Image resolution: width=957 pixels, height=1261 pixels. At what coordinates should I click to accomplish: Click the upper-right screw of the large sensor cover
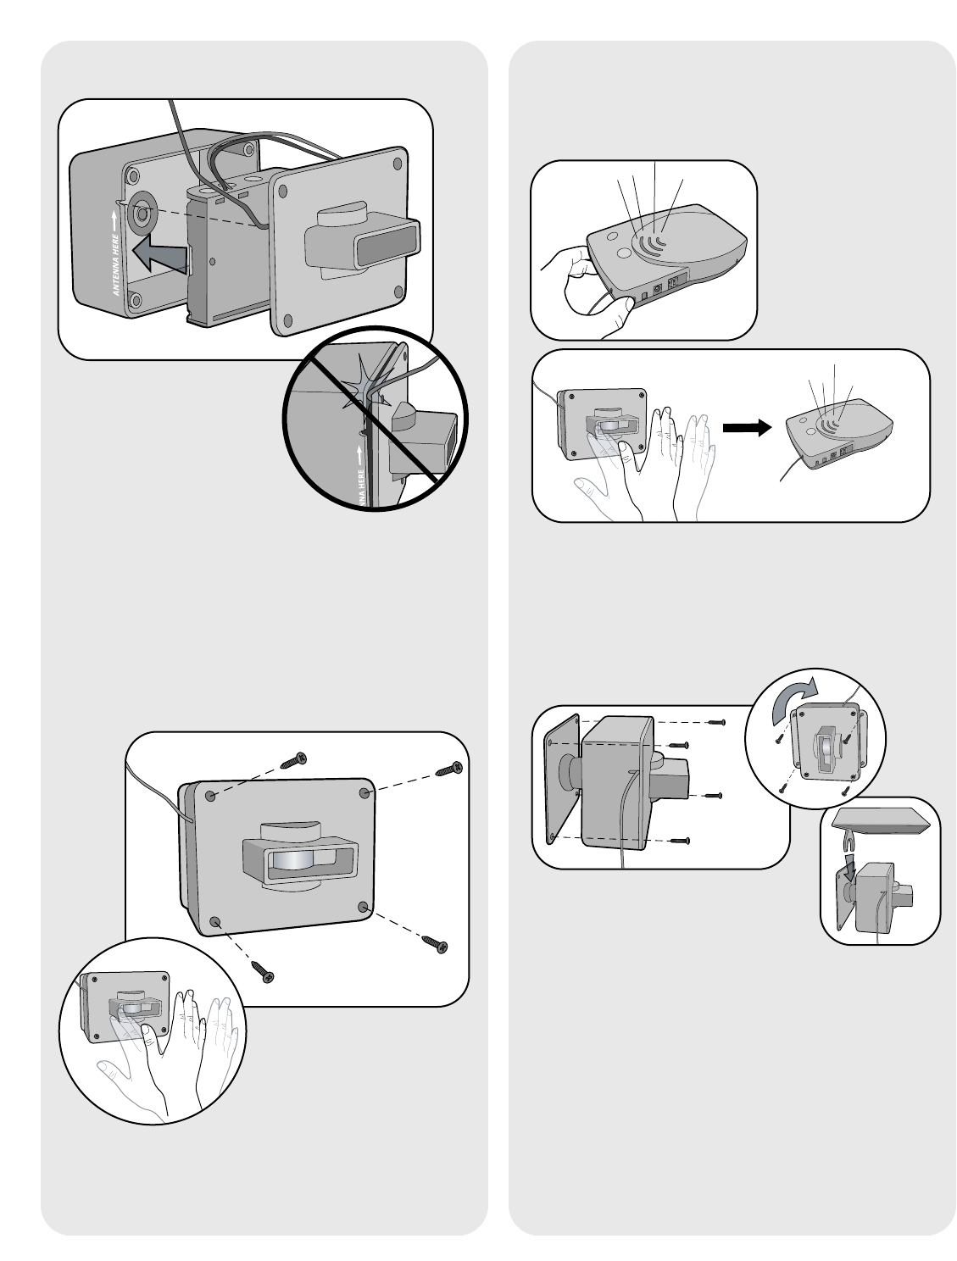click(448, 769)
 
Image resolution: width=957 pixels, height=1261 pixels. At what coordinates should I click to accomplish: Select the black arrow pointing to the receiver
click(747, 429)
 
